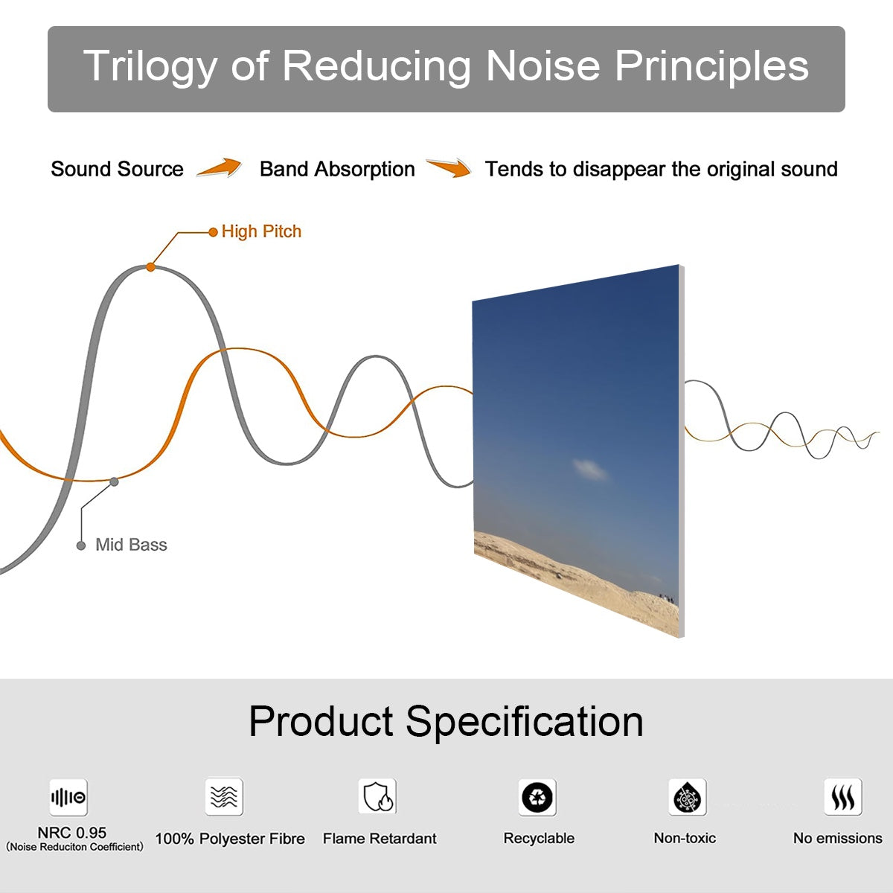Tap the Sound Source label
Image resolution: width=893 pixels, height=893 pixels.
coord(117,169)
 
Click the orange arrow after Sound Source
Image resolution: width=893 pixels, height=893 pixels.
coord(220,168)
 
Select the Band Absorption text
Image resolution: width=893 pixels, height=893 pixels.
coord(337,169)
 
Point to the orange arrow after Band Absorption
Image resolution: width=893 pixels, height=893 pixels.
coord(449,168)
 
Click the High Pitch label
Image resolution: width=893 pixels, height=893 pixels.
coord(261,231)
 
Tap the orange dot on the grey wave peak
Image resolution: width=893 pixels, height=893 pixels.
coord(150,266)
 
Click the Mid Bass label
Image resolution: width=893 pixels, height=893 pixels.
coord(131,545)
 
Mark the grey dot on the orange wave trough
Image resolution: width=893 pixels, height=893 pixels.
coord(114,481)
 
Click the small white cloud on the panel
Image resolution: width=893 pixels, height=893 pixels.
coord(591,469)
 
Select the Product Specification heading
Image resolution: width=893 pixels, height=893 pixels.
coord(446,721)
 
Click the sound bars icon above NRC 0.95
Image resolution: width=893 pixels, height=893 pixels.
coord(68,798)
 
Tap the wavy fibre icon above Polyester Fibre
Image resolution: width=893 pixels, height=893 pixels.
coord(224,797)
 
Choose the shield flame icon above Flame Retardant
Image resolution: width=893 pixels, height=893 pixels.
coord(377,797)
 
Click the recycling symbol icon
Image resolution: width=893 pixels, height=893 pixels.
coord(537,798)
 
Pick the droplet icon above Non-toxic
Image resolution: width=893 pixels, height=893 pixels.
coord(688,798)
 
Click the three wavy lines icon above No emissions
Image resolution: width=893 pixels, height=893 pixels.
coord(842,798)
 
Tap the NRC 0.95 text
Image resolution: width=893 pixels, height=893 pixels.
coord(72,833)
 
